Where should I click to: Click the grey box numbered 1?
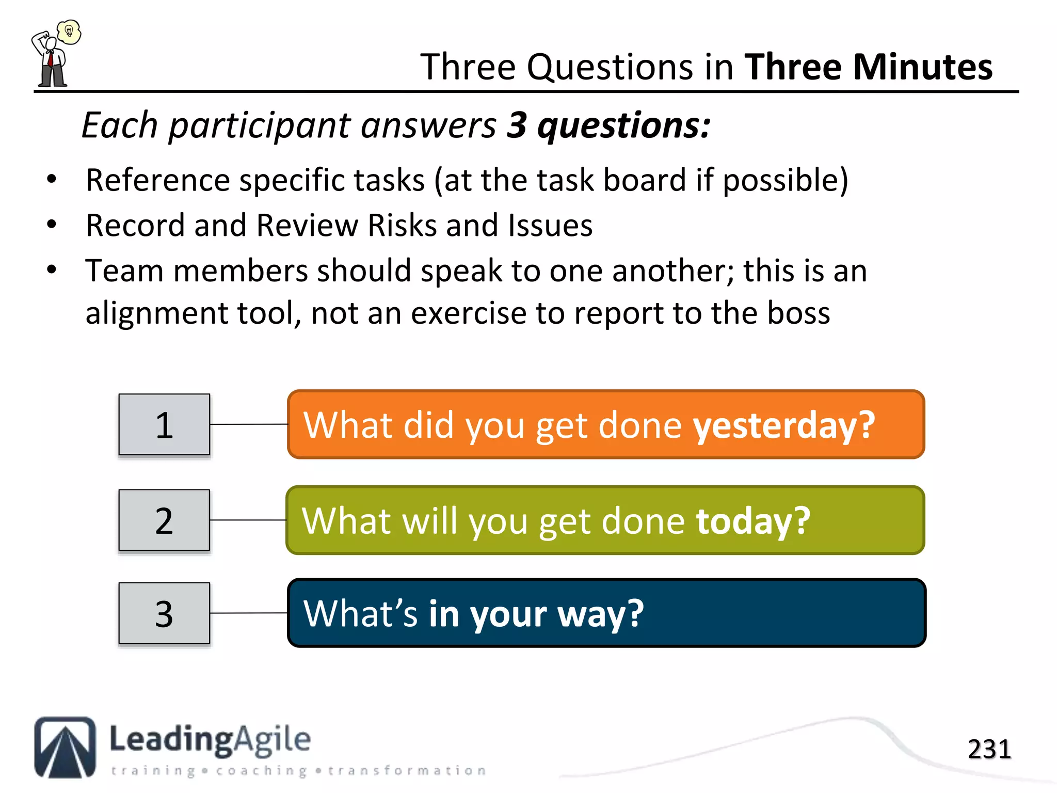coord(164,424)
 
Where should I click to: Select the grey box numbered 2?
coord(164,520)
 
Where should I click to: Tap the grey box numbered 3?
coord(164,613)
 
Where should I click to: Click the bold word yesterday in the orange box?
coord(783,425)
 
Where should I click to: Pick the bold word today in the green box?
coord(752,521)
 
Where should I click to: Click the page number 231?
coord(989,749)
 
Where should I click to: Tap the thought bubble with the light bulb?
coord(69,32)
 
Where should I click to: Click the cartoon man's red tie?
coord(51,59)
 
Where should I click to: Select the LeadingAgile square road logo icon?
coord(65,747)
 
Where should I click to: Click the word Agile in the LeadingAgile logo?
coord(272,740)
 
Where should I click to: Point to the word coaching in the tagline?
coord(261,771)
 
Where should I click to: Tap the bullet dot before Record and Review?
coord(51,225)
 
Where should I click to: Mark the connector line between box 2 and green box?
coord(248,520)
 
